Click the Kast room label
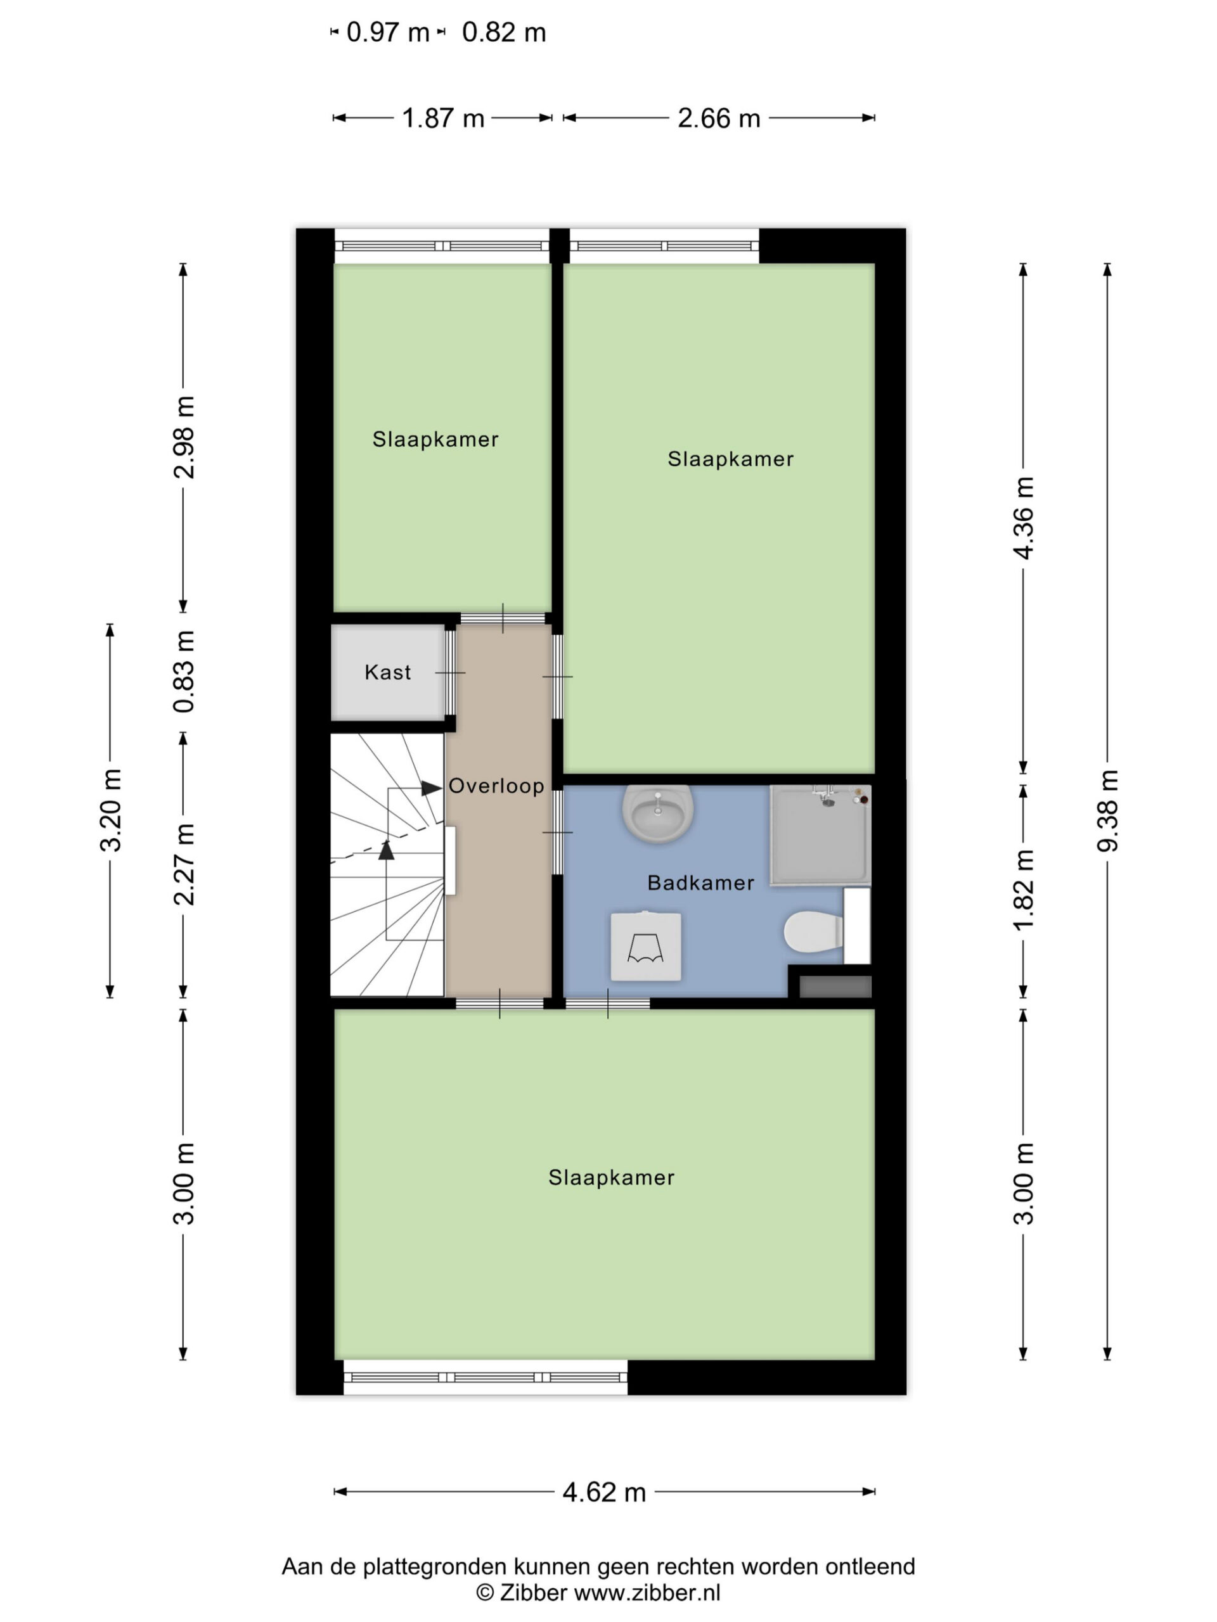(387, 672)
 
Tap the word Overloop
(496, 786)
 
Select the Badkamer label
(700, 882)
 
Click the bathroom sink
(657, 812)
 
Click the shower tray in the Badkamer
(820, 835)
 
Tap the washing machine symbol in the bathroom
(645, 946)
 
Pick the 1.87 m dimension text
(443, 118)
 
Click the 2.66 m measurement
(719, 118)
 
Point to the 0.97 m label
(387, 32)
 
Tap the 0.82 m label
(504, 32)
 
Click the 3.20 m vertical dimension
(110, 810)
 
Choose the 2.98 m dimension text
(183, 437)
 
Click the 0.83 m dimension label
(183, 672)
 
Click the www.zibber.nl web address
(647, 1593)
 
